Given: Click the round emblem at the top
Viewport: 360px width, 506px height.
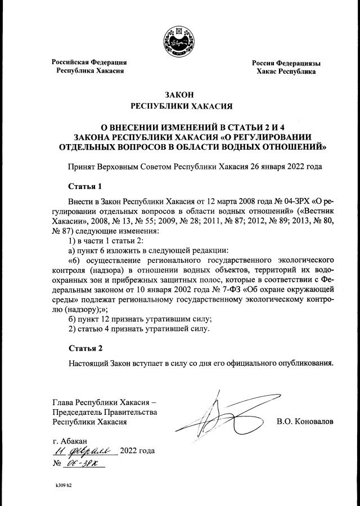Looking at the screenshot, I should pos(180,40).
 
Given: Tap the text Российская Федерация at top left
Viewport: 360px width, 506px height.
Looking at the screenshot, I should pos(89,62).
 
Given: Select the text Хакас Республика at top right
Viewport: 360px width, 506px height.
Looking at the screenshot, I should pos(286,72).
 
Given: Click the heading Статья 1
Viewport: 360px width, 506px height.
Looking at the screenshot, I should pos(85,185).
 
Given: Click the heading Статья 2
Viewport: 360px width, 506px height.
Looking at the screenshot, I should pos(85,348).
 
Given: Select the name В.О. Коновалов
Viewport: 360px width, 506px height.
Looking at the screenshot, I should pos(305,421).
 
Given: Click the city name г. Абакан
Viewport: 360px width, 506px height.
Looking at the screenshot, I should pos(69,440).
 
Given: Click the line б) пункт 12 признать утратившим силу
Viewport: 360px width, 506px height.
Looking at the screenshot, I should pos(139,319).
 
